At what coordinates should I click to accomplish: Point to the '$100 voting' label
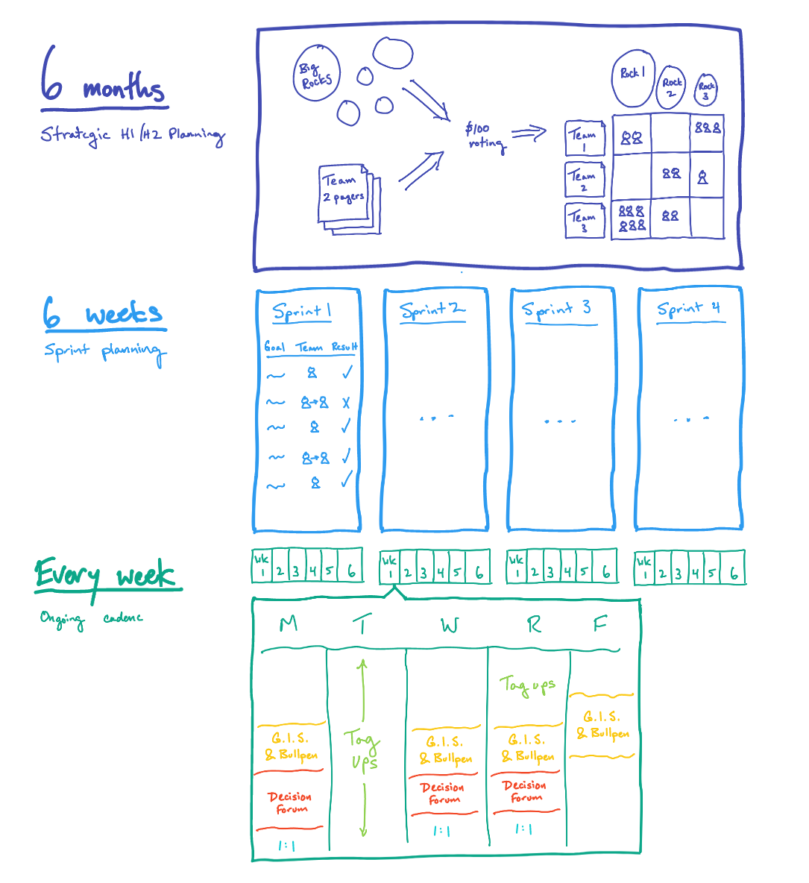click(485, 136)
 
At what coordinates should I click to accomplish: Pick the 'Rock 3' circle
click(705, 90)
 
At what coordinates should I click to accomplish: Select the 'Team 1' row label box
click(584, 138)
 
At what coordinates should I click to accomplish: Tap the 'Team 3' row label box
click(584, 220)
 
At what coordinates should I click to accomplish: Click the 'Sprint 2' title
click(432, 310)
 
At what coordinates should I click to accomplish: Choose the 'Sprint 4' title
click(689, 309)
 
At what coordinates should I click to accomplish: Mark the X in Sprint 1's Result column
click(346, 403)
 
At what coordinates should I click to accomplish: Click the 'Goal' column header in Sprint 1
click(274, 347)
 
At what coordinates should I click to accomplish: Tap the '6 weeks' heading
click(104, 314)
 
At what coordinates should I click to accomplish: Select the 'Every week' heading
click(106, 576)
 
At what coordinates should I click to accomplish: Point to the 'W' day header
click(449, 625)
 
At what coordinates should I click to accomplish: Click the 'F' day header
click(599, 623)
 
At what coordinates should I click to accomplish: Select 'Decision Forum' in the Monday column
click(291, 802)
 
